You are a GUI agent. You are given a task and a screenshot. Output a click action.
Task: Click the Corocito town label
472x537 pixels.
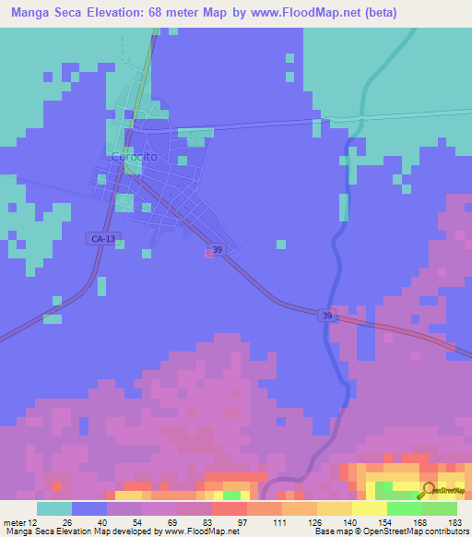point(134,157)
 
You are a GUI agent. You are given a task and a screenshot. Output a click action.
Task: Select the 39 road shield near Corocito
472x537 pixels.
point(217,249)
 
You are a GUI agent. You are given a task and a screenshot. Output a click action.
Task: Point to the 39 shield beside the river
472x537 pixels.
point(327,316)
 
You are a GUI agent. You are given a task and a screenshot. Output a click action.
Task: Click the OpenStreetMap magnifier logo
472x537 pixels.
point(430,490)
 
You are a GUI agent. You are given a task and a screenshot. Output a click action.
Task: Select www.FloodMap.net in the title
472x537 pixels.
point(327,11)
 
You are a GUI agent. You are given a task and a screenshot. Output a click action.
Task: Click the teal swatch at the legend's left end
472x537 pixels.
point(53,508)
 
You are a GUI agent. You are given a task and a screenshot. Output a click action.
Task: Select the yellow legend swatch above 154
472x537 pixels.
point(370,508)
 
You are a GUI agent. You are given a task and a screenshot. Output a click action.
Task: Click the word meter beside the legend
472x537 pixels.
point(13,522)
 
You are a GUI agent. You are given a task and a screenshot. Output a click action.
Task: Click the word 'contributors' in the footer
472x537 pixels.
point(441,531)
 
